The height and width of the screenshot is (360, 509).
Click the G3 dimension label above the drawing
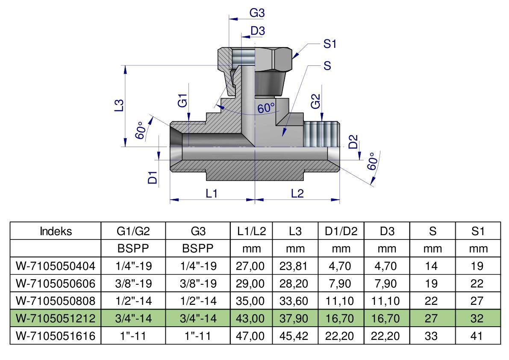click(257, 13)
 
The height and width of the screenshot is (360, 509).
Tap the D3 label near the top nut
click(258, 31)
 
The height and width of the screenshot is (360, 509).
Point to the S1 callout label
click(330, 44)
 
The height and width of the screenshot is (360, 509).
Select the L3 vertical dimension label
click(120, 105)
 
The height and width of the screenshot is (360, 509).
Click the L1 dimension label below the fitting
click(211, 194)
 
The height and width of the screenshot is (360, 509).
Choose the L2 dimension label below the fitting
click(297, 194)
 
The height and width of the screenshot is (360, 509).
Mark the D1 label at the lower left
click(153, 177)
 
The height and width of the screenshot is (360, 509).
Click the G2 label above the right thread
click(315, 101)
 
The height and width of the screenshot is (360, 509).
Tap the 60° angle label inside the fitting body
click(266, 107)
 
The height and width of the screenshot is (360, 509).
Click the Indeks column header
click(56, 231)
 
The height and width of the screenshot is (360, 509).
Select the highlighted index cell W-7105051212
click(56, 318)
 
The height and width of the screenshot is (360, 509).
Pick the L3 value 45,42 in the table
click(294, 336)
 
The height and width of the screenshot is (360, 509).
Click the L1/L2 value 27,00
click(250, 266)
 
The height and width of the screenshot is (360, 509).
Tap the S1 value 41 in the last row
click(477, 336)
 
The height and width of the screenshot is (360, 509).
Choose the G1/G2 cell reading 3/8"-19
click(133, 283)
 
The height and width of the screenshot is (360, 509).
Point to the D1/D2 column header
click(341, 231)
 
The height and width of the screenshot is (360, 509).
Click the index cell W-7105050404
click(56, 266)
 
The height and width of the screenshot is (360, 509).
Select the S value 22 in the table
click(431, 301)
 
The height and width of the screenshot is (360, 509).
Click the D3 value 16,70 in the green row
click(385, 318)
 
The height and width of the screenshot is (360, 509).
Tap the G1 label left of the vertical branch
click(183, 100)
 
